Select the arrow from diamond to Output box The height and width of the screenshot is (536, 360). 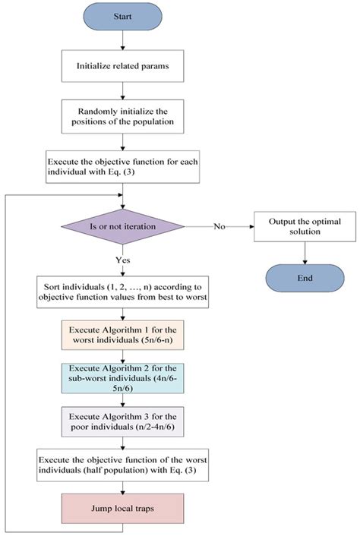click(220, 226)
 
